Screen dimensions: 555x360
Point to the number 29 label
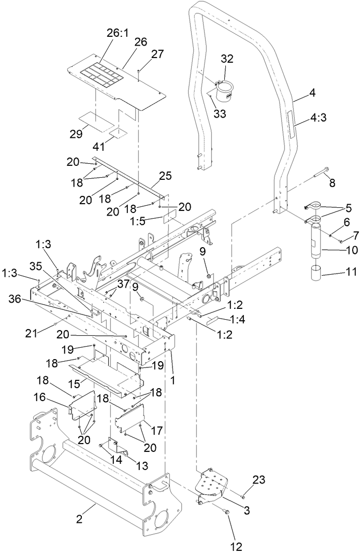(76, 134)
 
